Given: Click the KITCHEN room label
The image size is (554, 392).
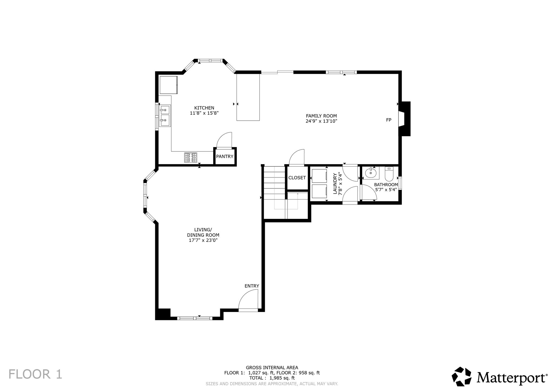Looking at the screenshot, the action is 204,108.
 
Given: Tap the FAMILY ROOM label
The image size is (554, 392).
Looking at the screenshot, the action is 321,116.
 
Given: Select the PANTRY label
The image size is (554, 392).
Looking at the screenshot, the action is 225,156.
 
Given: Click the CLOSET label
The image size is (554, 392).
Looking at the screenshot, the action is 297,178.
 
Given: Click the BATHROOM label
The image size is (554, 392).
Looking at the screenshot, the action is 386,185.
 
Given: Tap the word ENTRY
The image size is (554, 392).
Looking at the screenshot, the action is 252,286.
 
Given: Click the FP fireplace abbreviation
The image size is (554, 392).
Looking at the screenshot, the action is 389,120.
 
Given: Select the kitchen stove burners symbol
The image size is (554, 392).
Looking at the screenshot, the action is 191,158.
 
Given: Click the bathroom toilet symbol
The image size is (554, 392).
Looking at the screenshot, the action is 389,174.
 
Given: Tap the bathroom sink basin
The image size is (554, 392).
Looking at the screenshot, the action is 371,173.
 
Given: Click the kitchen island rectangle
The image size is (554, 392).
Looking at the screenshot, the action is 248,97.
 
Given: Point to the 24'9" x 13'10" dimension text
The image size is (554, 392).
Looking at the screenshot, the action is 321,121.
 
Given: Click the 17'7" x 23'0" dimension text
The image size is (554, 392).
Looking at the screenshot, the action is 203,240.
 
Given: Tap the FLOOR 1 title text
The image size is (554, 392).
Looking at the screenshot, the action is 35,374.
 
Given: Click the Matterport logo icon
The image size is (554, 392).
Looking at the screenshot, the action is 462,376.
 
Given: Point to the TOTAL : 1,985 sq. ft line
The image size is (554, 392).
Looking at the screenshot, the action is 272,378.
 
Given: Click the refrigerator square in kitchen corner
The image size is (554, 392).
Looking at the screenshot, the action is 168,85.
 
